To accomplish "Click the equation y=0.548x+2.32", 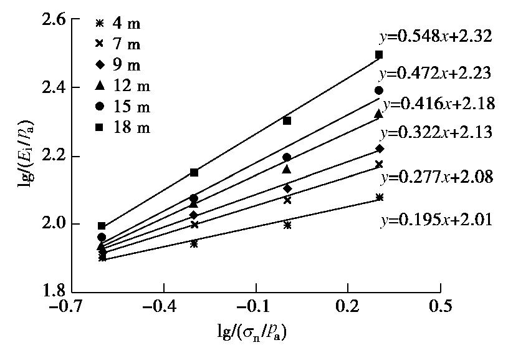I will click(x=436, y=36).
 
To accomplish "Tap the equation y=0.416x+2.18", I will click(x=439, y=104).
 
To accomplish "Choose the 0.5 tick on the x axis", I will click(x=441, y=308).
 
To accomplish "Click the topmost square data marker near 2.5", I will click(x=379, y=55).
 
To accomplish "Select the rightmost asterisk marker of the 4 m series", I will click(x=379, y=198).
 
